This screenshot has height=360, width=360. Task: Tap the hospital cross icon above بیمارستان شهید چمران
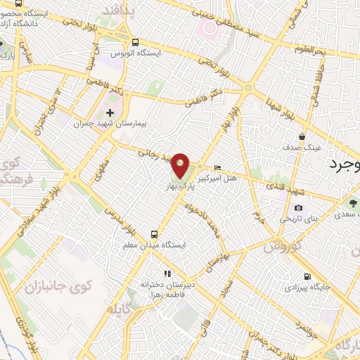coord(110,112)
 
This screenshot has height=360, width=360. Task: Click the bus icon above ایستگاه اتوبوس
coord(135,41)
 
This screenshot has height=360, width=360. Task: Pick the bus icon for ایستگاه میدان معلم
coord(155,233)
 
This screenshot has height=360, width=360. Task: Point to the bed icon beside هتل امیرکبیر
coord(218,167)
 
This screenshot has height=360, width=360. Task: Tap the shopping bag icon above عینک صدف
coord(302,136)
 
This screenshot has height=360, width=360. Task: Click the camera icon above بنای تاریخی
coord(299,207)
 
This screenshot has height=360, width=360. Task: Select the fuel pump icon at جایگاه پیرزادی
coord(307,276)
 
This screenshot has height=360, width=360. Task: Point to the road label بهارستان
coord(214,259)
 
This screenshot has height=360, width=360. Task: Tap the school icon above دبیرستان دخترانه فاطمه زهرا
coord(167,274)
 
